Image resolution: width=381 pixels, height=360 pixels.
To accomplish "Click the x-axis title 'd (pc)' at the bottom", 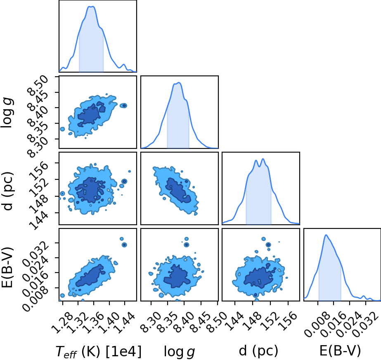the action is (x=258, y=351).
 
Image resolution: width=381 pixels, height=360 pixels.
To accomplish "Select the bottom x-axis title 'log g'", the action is (x=180, y=351).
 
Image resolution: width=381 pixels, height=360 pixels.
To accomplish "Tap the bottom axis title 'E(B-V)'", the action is (x=340, y=351).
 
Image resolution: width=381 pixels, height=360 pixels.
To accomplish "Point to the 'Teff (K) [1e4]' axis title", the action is (x=98, y=351).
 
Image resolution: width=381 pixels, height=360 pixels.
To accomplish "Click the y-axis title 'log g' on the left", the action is (x=7, y=113).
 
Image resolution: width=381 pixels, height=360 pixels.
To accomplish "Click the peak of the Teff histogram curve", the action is (x=91, y=6).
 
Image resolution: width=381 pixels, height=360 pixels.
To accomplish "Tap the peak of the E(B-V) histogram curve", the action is (x=326, y=235).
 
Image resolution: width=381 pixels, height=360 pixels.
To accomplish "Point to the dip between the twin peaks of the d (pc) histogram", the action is (x=260, y=167).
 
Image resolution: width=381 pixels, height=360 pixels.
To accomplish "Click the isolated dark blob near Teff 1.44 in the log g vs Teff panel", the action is (x=124, y=105).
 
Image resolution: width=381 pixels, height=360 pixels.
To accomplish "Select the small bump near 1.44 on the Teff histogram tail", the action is (x=124, y=65).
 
